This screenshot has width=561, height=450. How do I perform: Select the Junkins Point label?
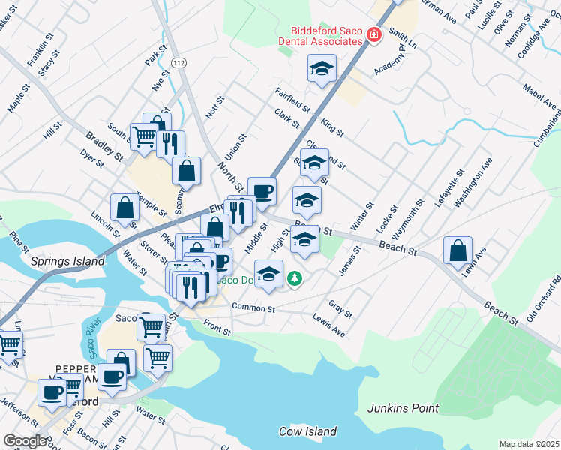(x=403, y=408)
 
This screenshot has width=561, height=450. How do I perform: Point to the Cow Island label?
(x=305, y=430)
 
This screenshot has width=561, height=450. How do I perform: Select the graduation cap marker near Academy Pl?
(x=322, y=69)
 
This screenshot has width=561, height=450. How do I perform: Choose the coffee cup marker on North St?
(x=262, y=191)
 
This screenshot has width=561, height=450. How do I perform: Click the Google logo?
(x=25, y=441)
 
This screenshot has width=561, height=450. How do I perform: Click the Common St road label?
(x=253, y=307)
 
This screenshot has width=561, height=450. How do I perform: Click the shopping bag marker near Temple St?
(x=124, y=209)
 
